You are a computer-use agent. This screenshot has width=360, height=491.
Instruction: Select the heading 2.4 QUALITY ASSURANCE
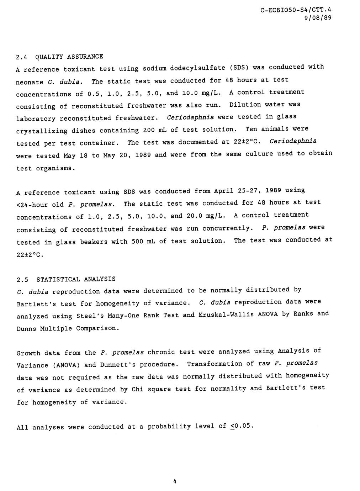click(60, 57)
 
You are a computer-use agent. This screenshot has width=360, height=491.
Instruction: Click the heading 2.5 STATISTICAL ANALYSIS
click(66, 279)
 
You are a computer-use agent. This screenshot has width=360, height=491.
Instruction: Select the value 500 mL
click(139, 242)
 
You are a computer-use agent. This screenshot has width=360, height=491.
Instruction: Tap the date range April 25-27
click(231, 191)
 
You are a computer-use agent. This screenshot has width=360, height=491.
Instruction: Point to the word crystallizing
click(42, 131)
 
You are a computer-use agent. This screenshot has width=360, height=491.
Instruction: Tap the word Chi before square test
click(137, 389)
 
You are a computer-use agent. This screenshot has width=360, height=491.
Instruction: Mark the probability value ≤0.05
click(241, 426)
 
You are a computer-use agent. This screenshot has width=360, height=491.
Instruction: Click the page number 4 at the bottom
click(175, 481)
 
